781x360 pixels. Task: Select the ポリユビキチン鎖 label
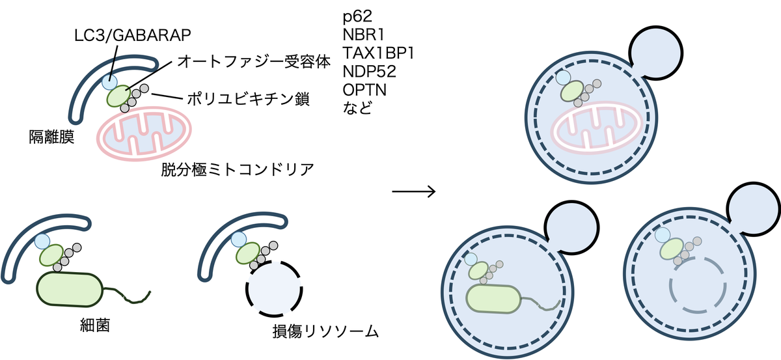pos(247,100)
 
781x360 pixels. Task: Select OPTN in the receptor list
pos(364,89)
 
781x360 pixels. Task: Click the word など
pos(357,107)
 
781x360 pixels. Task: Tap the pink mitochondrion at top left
pos(144,134)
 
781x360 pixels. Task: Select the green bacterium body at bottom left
pos(70,288)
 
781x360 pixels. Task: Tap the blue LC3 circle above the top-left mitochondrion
pos(110,81)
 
